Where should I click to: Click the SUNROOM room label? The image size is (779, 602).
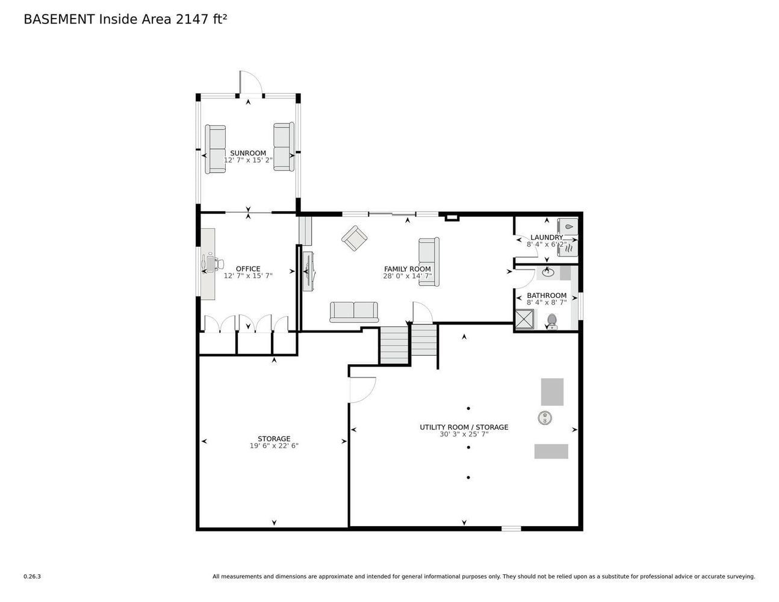pos(247,153)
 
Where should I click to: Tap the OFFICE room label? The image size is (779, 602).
pos(247,268)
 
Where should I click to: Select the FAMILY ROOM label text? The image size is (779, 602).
pos(407,268)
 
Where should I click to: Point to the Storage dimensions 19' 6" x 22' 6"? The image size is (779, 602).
pos(274,445)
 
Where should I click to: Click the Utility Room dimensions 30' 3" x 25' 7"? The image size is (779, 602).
pos(464,434)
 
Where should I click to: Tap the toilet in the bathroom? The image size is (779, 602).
pos(551,321)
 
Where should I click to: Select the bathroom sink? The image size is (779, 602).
pos(547,273)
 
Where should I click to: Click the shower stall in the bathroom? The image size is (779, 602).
pos(524,319)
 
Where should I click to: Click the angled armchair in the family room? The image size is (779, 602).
pos(354,238)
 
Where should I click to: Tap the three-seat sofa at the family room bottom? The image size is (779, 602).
pos(354,312)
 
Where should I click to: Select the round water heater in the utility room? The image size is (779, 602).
pos(545,418)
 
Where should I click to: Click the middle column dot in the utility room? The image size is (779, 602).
pos(468,447)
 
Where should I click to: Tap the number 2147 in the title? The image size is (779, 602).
pos(192,19)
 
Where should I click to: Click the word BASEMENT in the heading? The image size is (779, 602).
pos(59,19)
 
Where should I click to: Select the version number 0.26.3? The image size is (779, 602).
pos(33,577)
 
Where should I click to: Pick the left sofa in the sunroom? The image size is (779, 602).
pos(215,149)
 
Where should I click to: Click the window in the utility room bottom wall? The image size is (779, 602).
pos(511,529)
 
